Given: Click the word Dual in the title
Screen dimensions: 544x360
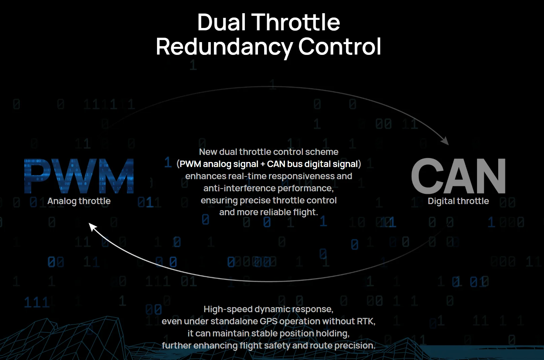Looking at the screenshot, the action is [221, 22].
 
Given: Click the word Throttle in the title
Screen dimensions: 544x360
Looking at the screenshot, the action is [295, 22].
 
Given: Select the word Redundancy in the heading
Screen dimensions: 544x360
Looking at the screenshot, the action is [224, 47].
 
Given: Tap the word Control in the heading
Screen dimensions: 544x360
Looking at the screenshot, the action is [340, 46].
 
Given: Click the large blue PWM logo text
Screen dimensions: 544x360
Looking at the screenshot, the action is [79, 176].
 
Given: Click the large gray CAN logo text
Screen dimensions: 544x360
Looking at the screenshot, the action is [458, 176].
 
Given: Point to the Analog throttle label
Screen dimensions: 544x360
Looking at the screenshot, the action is [79, 201].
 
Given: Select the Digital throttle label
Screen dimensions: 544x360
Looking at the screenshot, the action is [458, 201].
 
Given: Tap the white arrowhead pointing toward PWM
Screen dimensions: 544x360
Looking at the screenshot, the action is [93, 227].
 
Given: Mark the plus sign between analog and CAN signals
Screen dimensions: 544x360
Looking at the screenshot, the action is [262, 164].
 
